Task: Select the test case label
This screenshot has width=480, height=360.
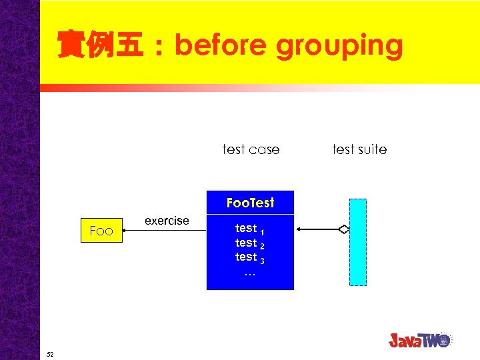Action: click(x=251, y=149)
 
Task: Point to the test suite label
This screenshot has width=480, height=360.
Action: click(x=359, y=149)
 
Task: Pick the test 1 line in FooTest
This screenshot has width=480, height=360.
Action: click(x=250, y=229)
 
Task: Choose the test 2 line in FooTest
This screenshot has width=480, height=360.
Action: click(x=250, y=243)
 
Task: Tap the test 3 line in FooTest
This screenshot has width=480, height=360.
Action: click(x=250, y=257)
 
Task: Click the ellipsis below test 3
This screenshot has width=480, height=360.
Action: click(x=250, y=273)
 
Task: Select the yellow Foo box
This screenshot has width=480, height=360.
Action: click(x=101, y=231)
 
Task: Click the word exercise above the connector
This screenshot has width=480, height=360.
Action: click(x=167, y=221)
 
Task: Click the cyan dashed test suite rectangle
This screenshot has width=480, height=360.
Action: click(x=358, y=242)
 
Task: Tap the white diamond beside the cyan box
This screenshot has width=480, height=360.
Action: click(x=343, y=229)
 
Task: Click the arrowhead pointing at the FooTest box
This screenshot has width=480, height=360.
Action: click(x=299, y=229)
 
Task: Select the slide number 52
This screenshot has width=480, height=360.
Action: click(x=50, y=354)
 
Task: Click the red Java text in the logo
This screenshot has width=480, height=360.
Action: click(x=409, y=341)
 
